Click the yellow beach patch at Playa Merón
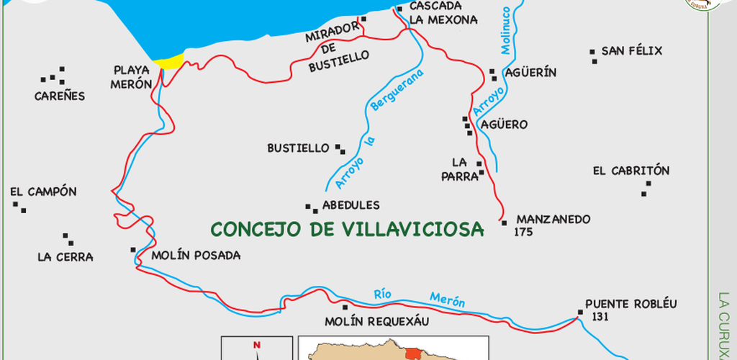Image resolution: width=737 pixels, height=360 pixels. (171, 61)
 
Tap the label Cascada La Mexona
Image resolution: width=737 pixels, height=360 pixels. (443, 12)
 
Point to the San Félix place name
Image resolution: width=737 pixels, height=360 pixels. (631, 51)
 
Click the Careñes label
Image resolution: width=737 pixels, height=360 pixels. (60, 96)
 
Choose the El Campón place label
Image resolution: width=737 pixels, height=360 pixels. (43, 192)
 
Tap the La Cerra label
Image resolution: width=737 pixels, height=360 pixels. (65, 257)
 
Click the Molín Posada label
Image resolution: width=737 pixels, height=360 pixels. (195, 256)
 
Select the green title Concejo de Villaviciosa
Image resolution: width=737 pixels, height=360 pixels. (347, 230)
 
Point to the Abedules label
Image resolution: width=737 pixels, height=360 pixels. (351, 205)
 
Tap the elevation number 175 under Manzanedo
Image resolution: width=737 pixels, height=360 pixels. (524, 233)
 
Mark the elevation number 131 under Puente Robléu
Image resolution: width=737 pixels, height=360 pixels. (600, 317)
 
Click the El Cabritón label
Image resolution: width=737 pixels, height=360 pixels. (630, 171)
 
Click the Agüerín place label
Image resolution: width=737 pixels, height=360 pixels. (531, 73)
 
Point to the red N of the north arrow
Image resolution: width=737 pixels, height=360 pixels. (257, 346)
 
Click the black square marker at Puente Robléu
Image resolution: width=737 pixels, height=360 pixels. (579, 312)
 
